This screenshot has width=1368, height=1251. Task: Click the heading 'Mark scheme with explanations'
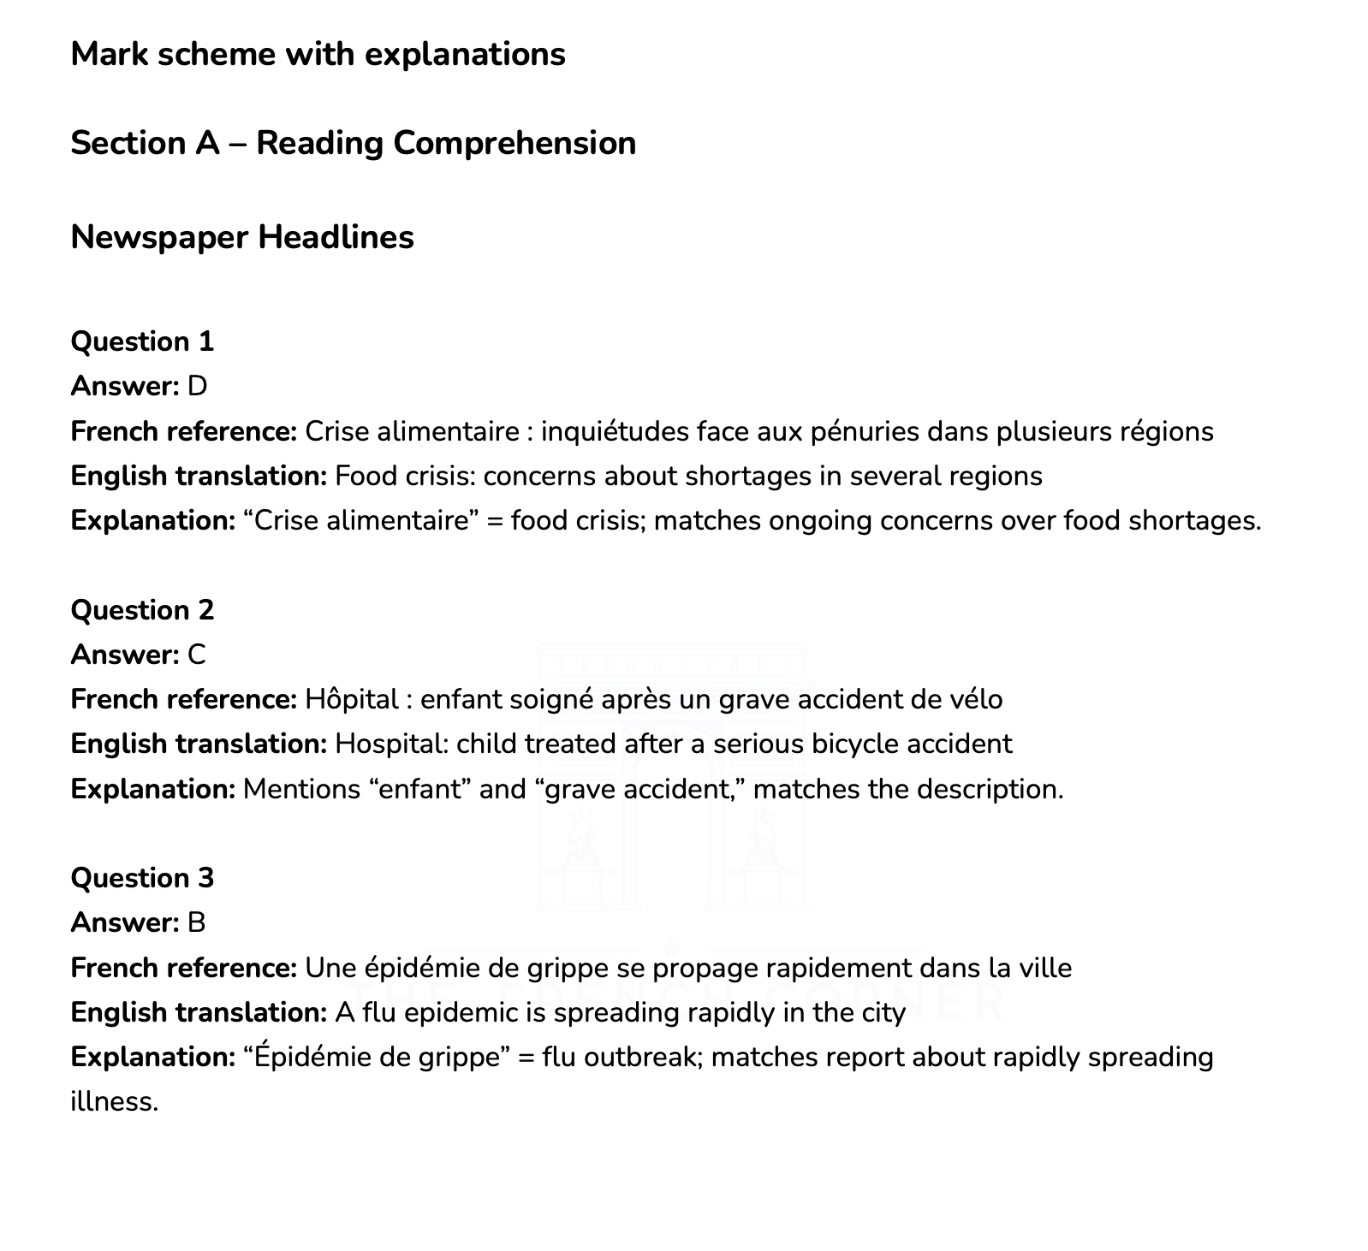(318, 55)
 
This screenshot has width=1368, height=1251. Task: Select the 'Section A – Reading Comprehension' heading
(353, 143)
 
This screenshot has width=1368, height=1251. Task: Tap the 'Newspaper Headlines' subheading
(242, 237)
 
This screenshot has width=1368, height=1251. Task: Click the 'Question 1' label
(142, 341)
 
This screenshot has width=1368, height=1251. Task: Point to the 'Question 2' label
(142, 610)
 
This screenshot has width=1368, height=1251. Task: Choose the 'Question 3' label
(142, 878)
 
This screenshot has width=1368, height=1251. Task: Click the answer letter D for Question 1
(197, 387)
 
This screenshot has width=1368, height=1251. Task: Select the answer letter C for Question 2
(197, 655)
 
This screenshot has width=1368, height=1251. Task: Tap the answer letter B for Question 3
(197, 922)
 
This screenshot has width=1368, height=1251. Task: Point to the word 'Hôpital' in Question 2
(352, 699)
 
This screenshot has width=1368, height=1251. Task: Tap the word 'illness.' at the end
(115, 1101)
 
